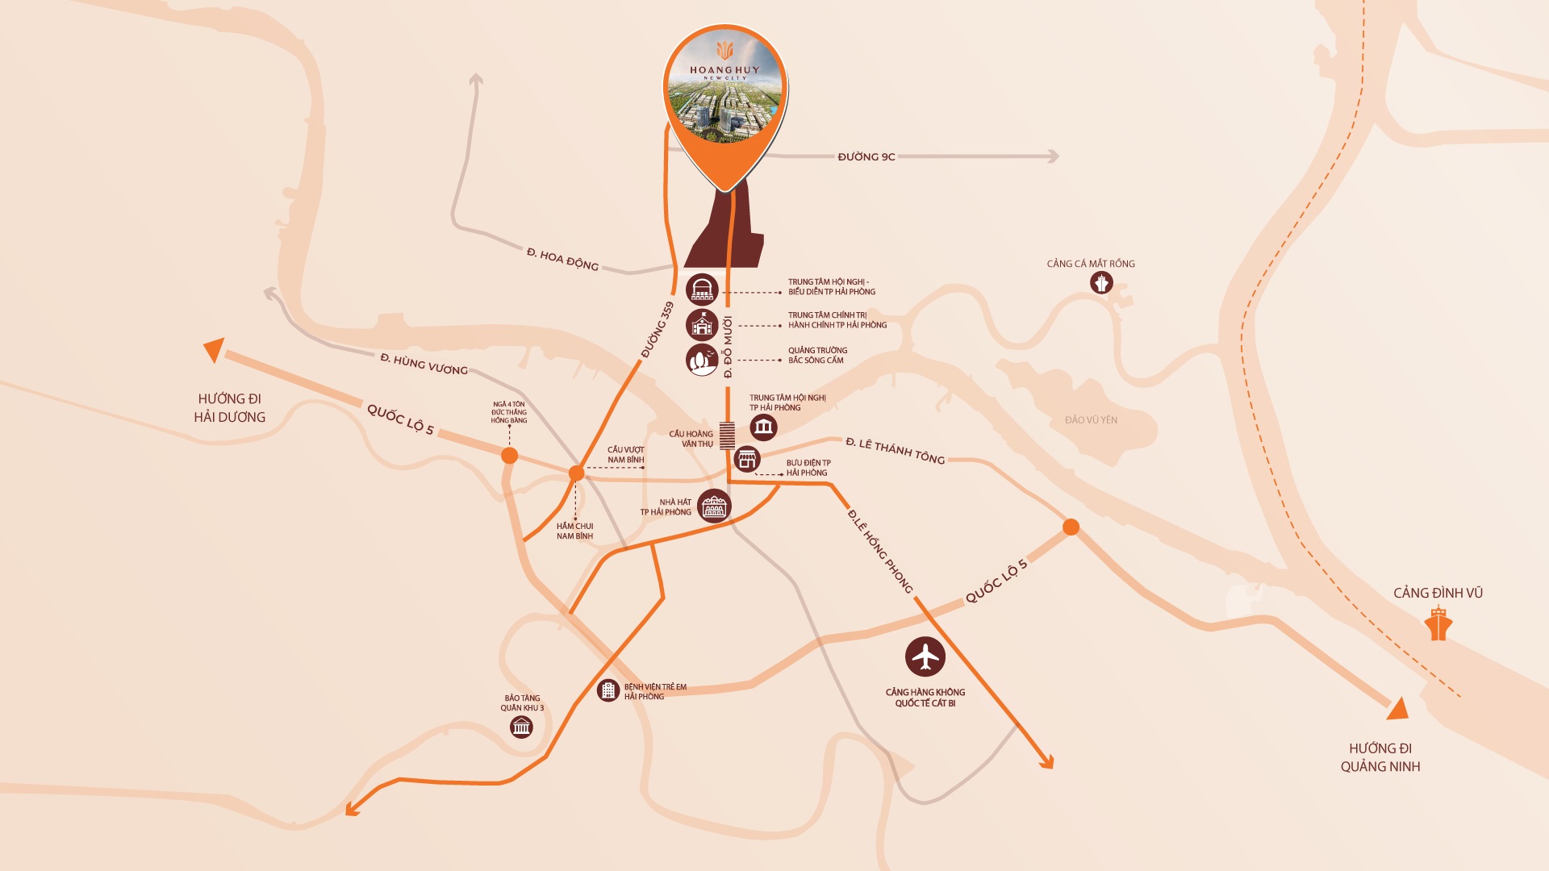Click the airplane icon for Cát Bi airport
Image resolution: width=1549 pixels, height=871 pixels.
point(925,656)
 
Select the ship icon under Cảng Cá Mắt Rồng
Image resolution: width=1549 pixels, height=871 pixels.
point(1101,283)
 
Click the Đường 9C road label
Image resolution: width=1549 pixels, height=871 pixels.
point(866,156)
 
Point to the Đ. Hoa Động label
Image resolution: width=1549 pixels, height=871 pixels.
point(562,259)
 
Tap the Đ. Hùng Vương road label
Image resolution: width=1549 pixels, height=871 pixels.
point(424,364)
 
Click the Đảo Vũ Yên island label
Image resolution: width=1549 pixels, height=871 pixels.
point(1091,420)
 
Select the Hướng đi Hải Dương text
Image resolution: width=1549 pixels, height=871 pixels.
point(229,408)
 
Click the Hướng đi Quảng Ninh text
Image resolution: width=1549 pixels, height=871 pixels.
point(1380,757)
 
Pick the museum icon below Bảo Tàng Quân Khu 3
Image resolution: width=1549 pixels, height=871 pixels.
point(521,727)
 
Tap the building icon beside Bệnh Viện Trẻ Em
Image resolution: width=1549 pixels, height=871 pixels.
point(607,690)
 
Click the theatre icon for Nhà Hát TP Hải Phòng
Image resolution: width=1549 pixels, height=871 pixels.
point(714,506)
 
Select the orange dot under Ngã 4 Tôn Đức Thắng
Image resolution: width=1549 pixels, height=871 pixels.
point(509,456)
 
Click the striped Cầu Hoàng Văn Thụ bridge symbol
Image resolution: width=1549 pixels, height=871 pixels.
point(727,435)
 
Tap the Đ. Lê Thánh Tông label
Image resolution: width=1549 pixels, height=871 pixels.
point(895,451)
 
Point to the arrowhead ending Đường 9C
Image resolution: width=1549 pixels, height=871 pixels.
point(1052,156)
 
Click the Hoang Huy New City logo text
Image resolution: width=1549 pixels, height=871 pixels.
point(724,71)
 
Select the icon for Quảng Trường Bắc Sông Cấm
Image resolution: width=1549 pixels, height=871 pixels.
point(702,360)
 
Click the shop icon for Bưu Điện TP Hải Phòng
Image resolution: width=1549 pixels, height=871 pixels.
point(747,460)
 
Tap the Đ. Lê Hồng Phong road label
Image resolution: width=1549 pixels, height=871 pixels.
point(879,552)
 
